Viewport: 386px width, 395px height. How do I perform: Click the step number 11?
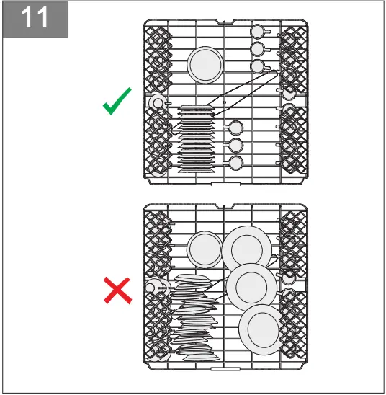[x=36, y=19]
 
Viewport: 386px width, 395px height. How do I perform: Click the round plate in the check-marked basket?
[x=204, y=66]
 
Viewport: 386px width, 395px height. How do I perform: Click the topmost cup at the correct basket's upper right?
[x=256, y=31]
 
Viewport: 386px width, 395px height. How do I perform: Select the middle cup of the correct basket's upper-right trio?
[x=256, y=49]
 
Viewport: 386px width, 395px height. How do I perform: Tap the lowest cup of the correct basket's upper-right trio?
[x=256, y=67]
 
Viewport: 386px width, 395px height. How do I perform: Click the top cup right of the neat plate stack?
[x=235, y=128]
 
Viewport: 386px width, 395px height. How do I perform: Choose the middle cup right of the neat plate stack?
[x=235, y=146]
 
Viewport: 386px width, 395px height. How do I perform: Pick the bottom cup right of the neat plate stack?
[x=235, y=164]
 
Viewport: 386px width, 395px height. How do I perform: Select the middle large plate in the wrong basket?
[x=251, y=286]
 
